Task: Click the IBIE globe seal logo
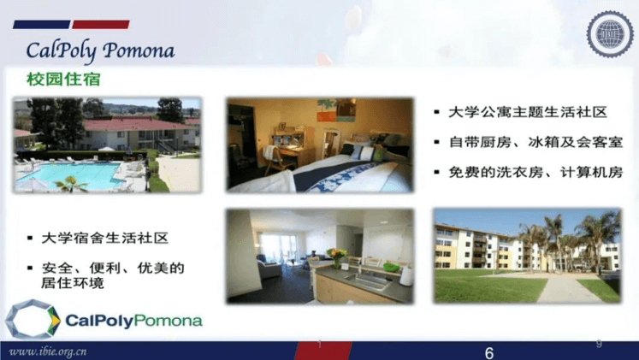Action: (x=610, y=34)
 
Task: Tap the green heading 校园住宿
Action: (x=63, y=79)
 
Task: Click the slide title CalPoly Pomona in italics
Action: (x=100, y=51)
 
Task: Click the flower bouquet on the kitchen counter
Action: (x=337, y=257)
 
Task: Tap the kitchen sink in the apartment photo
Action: (x=366, y=280)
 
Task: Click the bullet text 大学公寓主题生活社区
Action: (x=528, y=112)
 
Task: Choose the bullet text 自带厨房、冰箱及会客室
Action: (x=535, y=142)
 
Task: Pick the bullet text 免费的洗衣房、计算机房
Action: (x=535, y=172)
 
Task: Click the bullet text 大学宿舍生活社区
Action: (x=104, y=238)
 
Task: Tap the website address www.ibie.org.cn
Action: (x=48, y=351)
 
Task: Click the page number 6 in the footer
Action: (x=489, y=352)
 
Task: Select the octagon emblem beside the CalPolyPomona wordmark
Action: (x=33, y=319)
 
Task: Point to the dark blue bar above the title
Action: (x=42, y=25)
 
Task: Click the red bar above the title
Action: (x=101, y=25)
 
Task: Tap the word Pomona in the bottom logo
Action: (x=168, y=321)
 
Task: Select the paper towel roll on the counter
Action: (x=406, y=275)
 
